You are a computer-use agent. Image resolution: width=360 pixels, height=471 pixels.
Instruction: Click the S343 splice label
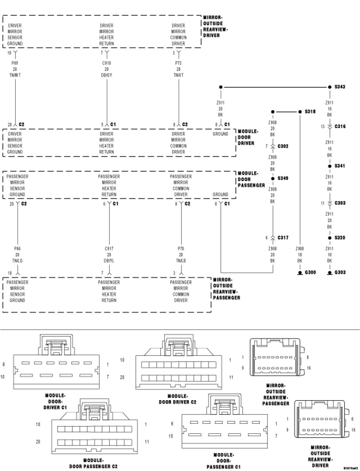coord(340,87)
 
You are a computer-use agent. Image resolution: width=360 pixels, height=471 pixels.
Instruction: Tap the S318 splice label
coord(310,112)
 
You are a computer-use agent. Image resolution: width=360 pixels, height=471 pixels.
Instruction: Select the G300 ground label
coord(310,272)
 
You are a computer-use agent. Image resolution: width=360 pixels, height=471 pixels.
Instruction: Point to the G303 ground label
coord(340,272)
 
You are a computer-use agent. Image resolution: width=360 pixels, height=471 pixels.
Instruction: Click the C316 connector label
coord(340,127)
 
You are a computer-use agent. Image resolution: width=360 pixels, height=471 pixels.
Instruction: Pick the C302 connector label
coord(283,146)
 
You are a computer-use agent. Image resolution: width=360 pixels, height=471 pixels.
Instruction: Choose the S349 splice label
coord(283,178)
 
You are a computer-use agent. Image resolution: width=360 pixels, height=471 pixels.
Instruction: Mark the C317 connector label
coord(283,238)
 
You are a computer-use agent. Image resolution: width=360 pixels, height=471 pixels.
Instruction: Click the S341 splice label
coord(340,166)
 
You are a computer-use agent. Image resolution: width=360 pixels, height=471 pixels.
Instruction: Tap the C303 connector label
coord(340,203)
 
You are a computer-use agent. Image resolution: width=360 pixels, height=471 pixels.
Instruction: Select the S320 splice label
coord(340,238)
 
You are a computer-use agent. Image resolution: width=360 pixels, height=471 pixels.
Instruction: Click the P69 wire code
coord(15,63)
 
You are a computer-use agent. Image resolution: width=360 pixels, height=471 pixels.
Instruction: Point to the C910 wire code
coord(107,63)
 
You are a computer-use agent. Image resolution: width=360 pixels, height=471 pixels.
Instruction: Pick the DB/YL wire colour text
coord(109,261)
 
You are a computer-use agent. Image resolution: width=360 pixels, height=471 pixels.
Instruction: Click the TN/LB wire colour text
coord(181,261)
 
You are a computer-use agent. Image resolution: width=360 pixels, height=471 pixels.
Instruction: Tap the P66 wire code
coord(17,249)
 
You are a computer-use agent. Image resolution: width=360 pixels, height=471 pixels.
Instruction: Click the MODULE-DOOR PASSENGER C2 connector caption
coord(93,463)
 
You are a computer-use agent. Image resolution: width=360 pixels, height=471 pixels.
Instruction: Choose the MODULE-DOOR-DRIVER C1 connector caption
coord(55,401)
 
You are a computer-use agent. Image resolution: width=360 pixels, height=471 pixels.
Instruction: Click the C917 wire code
coord(109,249)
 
